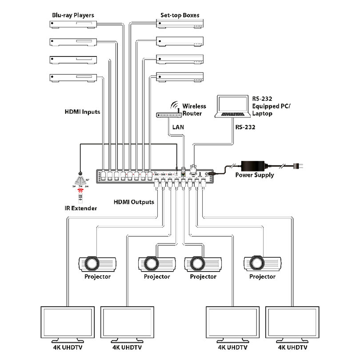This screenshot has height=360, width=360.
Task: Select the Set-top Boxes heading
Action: point(180,16)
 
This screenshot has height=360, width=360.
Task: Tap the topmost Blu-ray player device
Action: point(73,25)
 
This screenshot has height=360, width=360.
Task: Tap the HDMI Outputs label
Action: point(134,202)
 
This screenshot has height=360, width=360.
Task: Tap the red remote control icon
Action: point(80,193)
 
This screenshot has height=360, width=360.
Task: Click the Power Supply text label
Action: point(254,175)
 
